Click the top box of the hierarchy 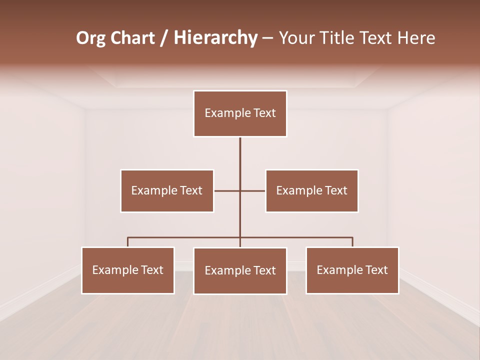[x=240, y=113]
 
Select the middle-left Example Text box [x=167, y=190]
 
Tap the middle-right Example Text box [x=311, y=190]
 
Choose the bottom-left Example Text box [x=128, y=270]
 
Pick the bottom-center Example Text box [x=240, y=270]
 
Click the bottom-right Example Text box [x=352, y=270]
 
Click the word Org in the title [x=90, y=38]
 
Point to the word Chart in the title [x=132, y=38]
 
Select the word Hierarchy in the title [x=215, y=38]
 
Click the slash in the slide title [x=164, y=38]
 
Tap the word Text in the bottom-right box [x=376, y=270]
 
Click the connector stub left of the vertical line [x=226, y=190]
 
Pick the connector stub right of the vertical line [x=253, y=190]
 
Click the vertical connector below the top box [x=240, y=160]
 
